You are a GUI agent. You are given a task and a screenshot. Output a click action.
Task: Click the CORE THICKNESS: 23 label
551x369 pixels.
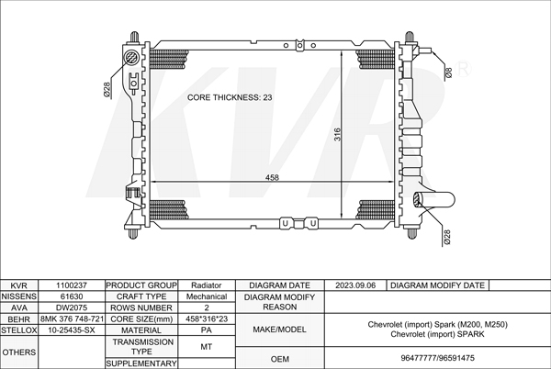(x=230, y=97)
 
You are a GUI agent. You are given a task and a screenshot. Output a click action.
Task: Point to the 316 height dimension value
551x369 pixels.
(x=337, y=134)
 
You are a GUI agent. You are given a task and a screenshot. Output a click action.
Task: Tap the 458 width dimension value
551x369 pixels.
(x=272, y=177)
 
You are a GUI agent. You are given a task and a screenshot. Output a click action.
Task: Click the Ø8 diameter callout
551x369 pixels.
(x=448, y=73)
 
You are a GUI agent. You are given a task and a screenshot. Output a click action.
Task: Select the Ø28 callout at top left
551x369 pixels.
(x=107, y=89)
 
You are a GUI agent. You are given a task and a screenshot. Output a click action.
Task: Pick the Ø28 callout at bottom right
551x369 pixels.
(x=446, y=237)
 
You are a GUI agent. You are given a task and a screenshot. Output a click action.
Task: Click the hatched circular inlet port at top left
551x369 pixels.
(x=132, y=57)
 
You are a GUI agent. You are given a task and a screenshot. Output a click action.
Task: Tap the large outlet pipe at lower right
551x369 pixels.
(x=433, y=200)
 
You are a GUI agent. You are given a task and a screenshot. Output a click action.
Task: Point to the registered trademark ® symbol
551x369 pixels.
(x=463, y=69)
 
